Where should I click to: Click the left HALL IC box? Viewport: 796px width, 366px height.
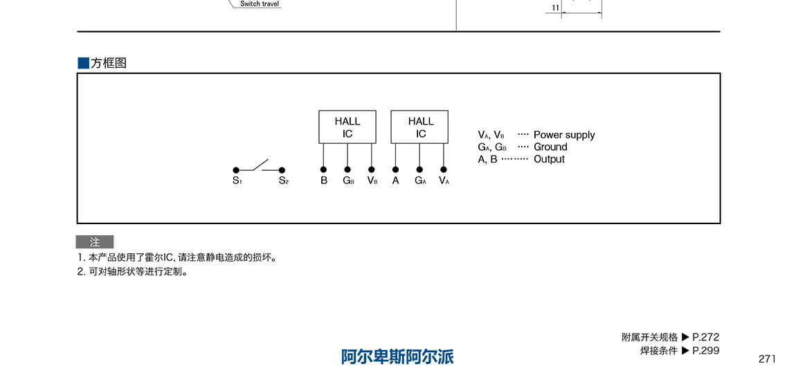[347, 127]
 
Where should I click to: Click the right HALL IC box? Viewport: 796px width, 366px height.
[421, 127]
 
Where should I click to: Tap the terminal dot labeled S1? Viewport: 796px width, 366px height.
[236, 170]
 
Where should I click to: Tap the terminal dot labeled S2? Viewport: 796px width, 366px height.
[282, 170]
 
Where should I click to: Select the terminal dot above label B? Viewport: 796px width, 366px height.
[323, 170]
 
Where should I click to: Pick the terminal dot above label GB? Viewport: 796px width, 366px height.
[347, 170]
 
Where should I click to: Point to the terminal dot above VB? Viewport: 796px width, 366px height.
[372, 170]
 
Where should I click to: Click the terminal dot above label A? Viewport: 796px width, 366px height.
[395, 170]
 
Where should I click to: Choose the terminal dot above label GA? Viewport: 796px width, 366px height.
[419, 170]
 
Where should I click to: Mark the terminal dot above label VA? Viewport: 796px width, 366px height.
[444, 170]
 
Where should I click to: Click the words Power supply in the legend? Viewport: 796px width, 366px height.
[564, 135]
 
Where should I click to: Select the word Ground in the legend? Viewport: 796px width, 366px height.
[550, 147]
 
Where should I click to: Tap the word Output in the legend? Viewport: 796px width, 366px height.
[549, 159]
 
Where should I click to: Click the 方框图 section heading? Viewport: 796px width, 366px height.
[109, 63]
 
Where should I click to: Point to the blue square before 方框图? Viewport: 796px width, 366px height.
[83, 63]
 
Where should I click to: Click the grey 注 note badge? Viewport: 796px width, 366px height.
[95, 242]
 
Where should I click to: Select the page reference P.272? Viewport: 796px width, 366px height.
[706, 337]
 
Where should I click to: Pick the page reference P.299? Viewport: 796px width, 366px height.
[706, 350]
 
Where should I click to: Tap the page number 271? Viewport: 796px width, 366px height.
[767, 358]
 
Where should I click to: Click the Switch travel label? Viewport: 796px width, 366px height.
[260, 4]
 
